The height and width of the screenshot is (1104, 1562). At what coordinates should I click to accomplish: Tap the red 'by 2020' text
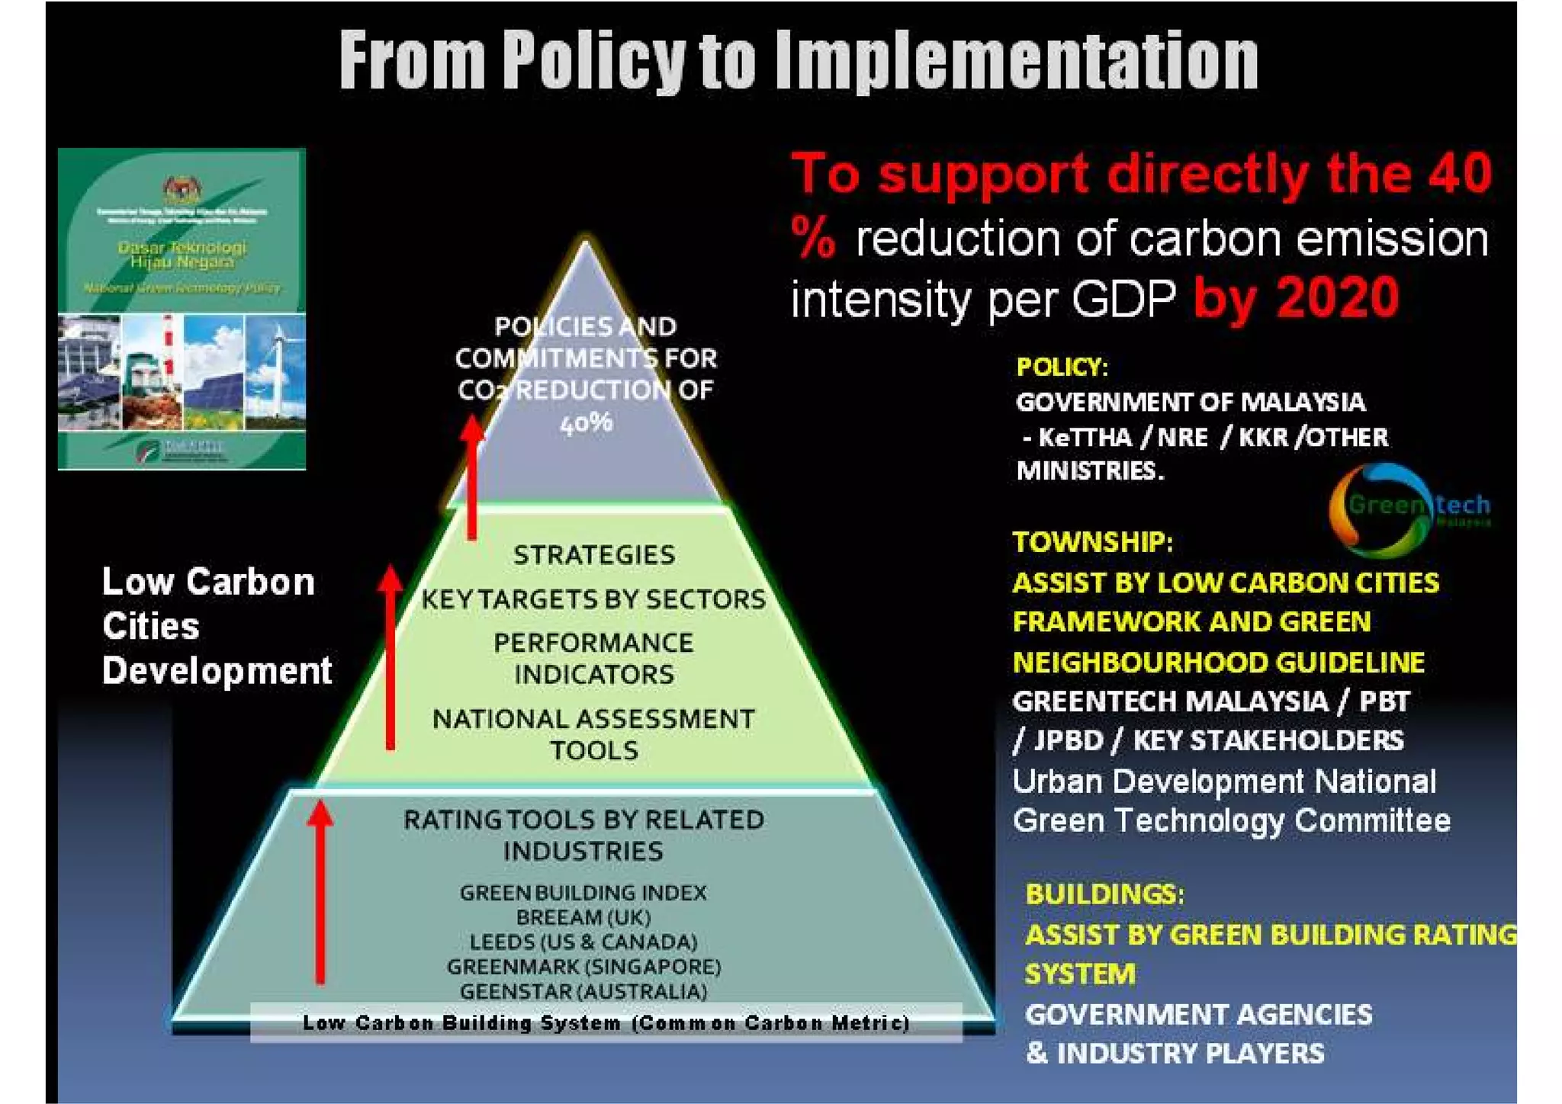coord(1296,297)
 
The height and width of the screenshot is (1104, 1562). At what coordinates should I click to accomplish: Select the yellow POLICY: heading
coord(1062,367)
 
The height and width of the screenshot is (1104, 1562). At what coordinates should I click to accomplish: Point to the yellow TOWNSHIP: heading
coord(1092,542)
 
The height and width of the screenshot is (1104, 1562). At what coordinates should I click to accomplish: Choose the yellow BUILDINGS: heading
coord(1104,894)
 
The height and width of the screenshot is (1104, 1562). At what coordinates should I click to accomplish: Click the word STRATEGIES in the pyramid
coord(593,554)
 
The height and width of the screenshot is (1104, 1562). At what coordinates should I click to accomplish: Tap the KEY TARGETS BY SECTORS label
coord(593,599)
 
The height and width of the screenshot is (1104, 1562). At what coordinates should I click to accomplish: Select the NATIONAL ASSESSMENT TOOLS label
coord(593,734)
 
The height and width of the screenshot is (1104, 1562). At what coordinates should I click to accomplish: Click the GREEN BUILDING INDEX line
coord(583,893)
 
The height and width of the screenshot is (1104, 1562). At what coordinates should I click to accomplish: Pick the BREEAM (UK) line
coord(583,917)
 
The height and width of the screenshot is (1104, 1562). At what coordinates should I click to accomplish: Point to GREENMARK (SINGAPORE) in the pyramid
coord(583,967)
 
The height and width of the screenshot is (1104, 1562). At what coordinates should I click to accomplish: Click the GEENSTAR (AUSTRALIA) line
coord(583,992)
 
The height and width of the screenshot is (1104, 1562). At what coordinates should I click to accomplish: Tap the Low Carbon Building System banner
coord(606,1023)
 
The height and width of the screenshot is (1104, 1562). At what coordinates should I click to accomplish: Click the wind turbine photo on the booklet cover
coord(275,372)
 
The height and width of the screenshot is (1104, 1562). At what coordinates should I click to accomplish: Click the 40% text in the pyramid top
coord(586,422)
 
